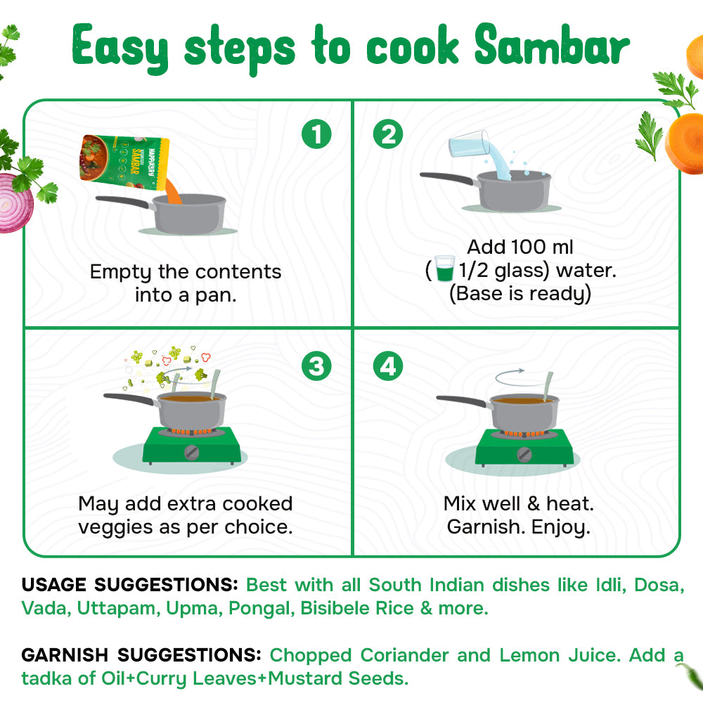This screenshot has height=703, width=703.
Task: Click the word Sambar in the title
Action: pyautogui.click(x=552, y=45)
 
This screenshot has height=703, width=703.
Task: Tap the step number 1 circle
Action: pyautogui.click(x=316, y=134)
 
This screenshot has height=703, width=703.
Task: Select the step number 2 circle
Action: pyautogui.click(x=388, y=134)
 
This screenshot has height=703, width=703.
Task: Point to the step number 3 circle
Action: pyautogui.click(x=316, y=366)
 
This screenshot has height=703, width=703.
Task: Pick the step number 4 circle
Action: pyautogui.click(x=388, y=366)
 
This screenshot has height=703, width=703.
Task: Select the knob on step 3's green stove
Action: pyautogui.click(x=191, y=453)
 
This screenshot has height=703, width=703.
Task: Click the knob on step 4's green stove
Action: pyautogui.click(x=524, y=455)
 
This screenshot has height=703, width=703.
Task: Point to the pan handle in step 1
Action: pyautogui.click(x=123, y=202)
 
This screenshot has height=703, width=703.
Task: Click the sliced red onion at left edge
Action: pyautogui.click(x=15, y=202)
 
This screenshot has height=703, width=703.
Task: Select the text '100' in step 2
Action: pyautogui.click(x=528, y=247)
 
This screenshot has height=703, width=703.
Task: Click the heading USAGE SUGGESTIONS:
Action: pyautogui.click(x=129, y=585)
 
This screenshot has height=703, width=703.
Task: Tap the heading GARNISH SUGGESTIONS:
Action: pyautogui.click(x=141, y=655)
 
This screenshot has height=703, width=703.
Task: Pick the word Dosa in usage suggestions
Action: pyautogui.click(x=659, y=585)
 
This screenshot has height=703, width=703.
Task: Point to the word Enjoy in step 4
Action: pyautogui.click(x=560, y=528)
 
